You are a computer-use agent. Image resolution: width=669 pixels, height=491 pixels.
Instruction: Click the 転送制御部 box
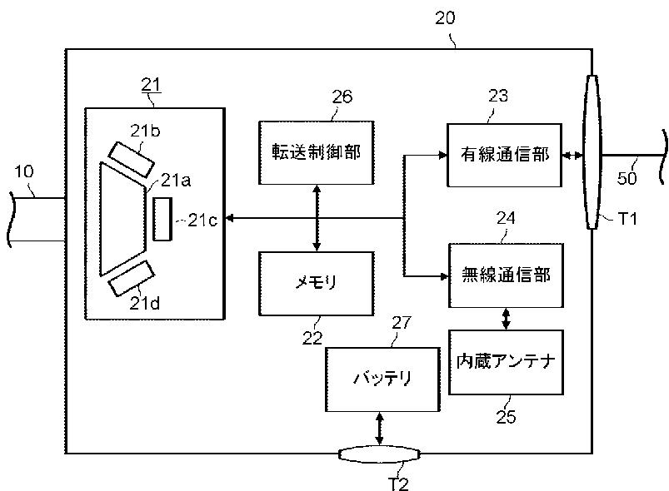[x=316, y=152]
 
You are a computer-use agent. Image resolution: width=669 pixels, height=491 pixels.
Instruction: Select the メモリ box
[x=316, y=284]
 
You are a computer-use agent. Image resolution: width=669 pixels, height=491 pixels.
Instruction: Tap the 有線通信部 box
[x=504, y=155]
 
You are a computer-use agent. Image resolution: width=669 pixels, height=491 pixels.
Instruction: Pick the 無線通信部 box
[x=506, y=275]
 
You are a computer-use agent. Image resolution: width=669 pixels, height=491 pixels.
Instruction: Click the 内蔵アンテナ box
[x=506, y=362]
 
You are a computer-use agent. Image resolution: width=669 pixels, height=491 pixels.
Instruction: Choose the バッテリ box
[x=382, y=379]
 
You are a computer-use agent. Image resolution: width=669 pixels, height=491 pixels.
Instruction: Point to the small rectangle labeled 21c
[x=162, y=219]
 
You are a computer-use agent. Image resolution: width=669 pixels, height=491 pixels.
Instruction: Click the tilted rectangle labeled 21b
[x=131, y=160]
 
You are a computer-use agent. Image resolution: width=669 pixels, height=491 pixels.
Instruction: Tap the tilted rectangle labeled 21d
[x=131, y=278]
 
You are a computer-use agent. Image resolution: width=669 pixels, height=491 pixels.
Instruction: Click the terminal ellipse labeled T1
[x=592, y=152]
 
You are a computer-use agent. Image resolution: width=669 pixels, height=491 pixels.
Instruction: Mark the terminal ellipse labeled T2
[x=379, y=454]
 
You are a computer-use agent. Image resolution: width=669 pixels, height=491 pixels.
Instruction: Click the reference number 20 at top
[x=445, y=18]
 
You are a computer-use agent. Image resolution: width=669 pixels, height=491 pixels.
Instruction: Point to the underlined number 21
[x=151, y=85]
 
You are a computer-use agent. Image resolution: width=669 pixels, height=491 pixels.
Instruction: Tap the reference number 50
[x=627, y=178]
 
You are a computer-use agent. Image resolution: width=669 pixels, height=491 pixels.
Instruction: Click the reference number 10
[x=24, y=171]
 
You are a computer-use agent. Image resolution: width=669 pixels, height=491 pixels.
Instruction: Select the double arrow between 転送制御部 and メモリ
[x=316, y=218]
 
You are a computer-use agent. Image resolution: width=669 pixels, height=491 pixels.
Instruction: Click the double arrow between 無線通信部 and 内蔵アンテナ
[x=506, y=319]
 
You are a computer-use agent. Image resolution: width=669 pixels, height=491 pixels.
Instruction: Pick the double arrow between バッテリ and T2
[x=379, y=429]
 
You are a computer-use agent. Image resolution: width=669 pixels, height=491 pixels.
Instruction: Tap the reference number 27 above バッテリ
[x=402, y=323]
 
